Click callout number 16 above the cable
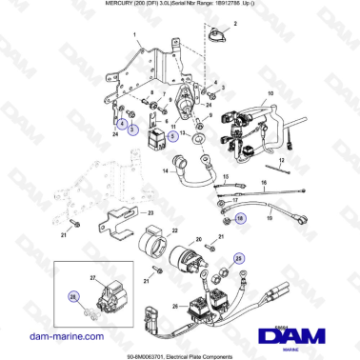[x=264, y=182]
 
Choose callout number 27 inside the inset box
[x=93, y=277]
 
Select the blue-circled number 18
[x=240, y=218]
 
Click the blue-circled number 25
[x=239, y=258]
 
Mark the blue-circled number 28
[x=73, y=297]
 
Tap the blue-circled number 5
[x=133, y=128]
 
